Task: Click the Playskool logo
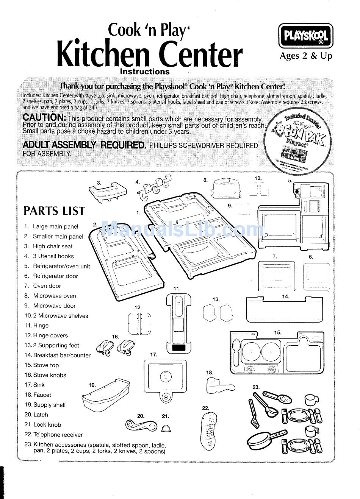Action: [306, 36]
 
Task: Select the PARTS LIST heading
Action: [54, 211]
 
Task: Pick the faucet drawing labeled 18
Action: [220, 386]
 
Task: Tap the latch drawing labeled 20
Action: [141, 426]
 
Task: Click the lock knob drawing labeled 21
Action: [166, 428]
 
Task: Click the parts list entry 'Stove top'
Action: [46, 365]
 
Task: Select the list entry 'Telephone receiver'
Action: [58, 435]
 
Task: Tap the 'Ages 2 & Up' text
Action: [305, 56]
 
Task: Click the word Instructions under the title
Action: [145, 72]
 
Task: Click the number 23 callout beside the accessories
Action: [256, 387]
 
